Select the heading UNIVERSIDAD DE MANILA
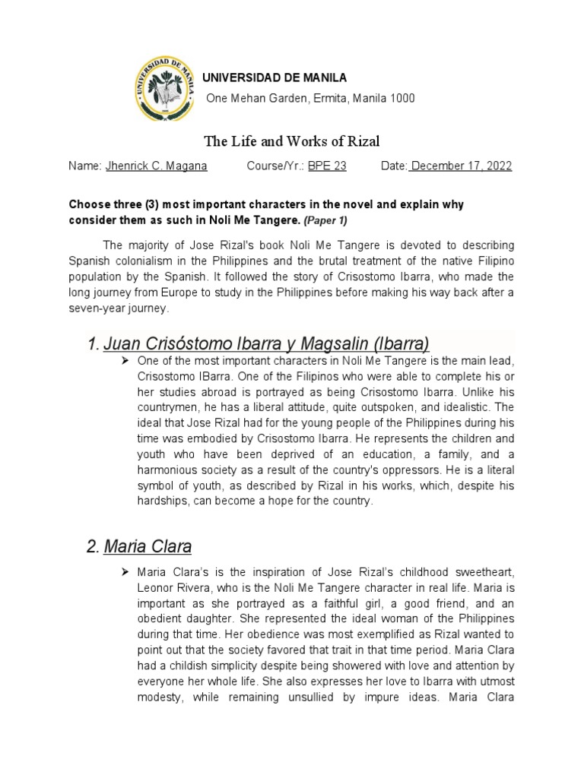[274, 77]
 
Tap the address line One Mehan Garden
[311, 99]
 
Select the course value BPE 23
[327, 166]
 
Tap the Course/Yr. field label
[275, 166]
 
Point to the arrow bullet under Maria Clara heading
[126, 571]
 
